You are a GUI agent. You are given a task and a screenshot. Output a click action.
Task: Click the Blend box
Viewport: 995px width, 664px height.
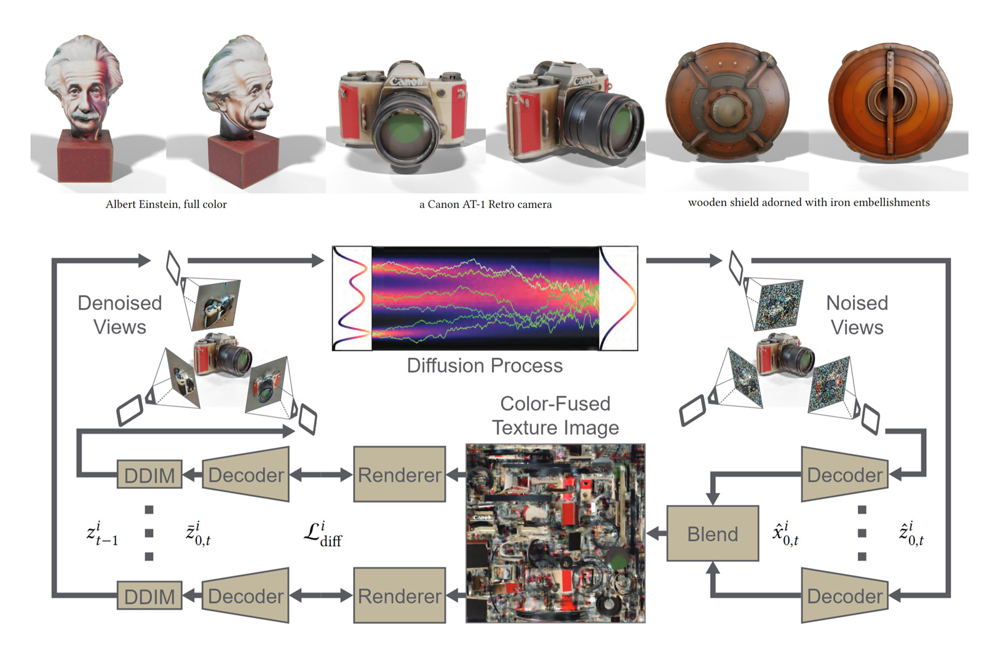712,534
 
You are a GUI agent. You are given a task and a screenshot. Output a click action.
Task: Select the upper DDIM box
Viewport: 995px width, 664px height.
149,475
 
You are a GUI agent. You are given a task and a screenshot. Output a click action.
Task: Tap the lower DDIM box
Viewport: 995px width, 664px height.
149,596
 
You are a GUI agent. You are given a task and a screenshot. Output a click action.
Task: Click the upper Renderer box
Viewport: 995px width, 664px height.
399,474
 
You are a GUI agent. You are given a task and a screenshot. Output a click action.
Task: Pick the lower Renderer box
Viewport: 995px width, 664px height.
399,595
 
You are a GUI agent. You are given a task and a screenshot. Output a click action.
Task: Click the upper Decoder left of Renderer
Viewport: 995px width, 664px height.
246,474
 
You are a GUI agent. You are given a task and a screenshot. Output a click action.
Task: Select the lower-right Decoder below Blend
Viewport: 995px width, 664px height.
845,595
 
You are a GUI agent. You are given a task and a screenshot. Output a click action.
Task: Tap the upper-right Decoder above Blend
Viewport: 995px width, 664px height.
845,474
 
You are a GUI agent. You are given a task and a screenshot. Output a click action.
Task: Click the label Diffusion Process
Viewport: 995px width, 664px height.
485,365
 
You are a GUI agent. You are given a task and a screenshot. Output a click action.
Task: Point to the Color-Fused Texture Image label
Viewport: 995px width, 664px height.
555,415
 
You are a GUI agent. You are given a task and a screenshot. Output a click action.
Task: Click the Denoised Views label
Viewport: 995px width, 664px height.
120,315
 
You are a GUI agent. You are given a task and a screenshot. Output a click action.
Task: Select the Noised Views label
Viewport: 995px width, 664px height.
857,315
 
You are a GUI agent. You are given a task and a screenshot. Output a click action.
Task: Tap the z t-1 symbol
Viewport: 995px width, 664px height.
102,534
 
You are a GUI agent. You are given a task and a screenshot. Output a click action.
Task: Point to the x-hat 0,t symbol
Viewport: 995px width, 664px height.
786,534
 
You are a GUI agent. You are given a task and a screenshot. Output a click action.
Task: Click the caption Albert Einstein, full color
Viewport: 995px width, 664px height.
166,204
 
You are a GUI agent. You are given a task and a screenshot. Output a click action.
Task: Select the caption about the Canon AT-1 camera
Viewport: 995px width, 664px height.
485,204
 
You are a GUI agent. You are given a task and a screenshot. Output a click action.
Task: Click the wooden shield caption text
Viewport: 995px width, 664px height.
809,202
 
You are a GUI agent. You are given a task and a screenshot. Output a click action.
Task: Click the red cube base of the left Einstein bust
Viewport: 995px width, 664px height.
85,157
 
